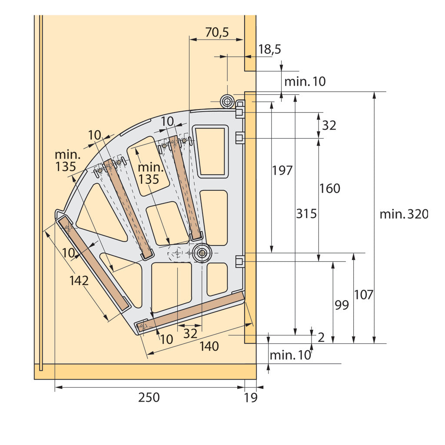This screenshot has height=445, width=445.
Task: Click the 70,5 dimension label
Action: (x=217, y=32)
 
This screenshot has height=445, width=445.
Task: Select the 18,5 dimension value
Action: (x=269, y=50)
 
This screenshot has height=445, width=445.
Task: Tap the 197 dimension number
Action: (x=282, y=170)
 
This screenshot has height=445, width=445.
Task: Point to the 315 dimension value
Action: (x=306, y=213)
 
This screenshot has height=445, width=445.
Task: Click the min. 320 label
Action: (x=404, y=214)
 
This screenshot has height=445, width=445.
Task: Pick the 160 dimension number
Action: (x=330, y=189)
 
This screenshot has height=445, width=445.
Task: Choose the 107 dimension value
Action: (x=364, y=295)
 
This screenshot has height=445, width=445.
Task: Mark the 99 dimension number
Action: (x=342, y=305)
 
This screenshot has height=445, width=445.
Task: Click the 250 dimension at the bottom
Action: (x=149, y=397)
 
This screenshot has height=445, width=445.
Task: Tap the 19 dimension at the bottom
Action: (x=251, y=398)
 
